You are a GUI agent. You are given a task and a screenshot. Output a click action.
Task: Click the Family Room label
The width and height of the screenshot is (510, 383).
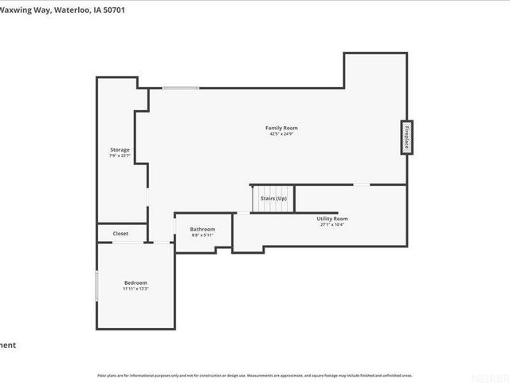pyautogui.click(x=276, y=128)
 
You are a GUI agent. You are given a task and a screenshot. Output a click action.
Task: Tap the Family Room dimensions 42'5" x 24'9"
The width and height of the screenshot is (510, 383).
pyautogui.click(x=276, y=134)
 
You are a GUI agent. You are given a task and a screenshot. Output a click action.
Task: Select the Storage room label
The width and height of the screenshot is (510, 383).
pyautogui.click(x=120, y=149)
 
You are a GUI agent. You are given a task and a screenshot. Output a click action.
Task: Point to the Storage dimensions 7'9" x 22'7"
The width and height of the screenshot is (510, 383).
pyautogui.click(x=120, y=156)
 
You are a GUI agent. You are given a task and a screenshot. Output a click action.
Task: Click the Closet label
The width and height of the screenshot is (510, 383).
pyautogui.click(x=120, y=233)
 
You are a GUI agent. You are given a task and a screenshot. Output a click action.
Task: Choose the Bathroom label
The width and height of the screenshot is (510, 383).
pyautogui.click(x=202, y=229)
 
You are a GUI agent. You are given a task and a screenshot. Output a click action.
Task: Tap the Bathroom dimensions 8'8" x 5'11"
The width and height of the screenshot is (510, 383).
pyautogui.click(x=202, y=235)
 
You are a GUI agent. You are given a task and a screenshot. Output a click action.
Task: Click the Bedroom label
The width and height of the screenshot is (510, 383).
pyautogui.click(x=135, y=282)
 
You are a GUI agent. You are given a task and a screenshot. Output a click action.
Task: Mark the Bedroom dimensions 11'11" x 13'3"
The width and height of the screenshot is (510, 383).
pyautogui.click(x=135, y=289)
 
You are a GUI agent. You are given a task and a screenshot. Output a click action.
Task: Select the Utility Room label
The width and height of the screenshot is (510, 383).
pyautogui.click(x=332, y=218)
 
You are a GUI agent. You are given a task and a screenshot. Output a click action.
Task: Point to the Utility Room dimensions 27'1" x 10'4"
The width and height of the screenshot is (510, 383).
pyautogui.click(x=332, y=224)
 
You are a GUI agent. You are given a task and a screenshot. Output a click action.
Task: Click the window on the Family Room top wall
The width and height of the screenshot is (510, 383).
pyautogui.click(x=181, y=88)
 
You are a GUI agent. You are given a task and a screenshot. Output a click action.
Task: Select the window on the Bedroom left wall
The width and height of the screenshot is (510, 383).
pyautogui.click(x=96, y=285)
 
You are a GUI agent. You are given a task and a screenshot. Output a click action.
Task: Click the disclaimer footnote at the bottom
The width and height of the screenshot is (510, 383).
pyautogui.click(x=255, y=374)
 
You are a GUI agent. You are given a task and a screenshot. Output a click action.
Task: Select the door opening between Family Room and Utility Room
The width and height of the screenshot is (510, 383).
pyautogui.click(x=362, y=184)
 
